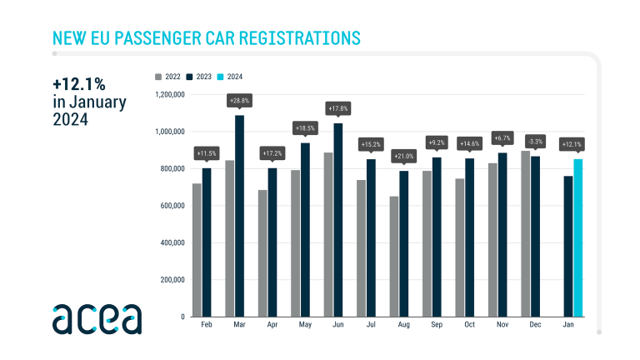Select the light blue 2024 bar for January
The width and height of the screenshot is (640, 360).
pos(578,238)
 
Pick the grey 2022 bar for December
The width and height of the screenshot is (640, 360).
pos(525,234)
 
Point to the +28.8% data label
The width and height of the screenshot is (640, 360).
pos(240,100)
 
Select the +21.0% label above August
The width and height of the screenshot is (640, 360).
pos(404,156)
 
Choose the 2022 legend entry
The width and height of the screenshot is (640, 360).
pos(168,77)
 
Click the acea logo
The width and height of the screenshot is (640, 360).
pos(97,318)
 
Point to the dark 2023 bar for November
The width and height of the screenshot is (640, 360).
pos(502,235)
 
